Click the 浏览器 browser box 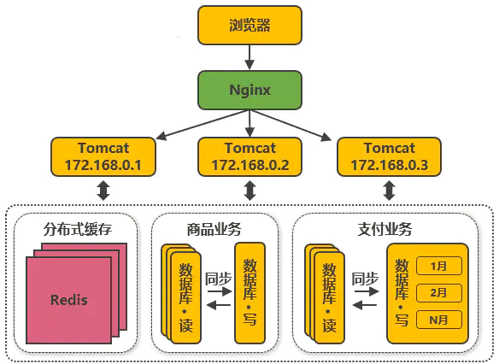click(x=249, y=25)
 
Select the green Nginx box click(x=249, y=90)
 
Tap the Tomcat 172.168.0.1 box click(x=103, y=156)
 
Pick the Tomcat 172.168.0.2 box click(x=249, y=156)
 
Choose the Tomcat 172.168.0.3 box click(x=389, y=156)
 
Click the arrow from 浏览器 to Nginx click(x=249, y=57)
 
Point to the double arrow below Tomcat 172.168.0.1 click(x=103, y=191)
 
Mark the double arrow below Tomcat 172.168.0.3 click(x=389, y=191)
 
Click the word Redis click(x=68, y=300)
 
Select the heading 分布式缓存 click(x=78, y=229)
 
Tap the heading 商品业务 click(x=214, y=229)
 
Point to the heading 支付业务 click(x=385, y=229)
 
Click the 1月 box click(x=439, y=266)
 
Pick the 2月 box click(x=439, y=293)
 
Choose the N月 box click(x=439, y=320)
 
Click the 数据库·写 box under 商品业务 click(x=249, y=293)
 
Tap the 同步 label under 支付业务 click(x=365, y=279)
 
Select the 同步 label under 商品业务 click(x=218, y=279)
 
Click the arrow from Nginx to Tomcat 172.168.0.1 click(x=203, y=125)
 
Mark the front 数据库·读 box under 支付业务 click(x=329, y=298)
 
